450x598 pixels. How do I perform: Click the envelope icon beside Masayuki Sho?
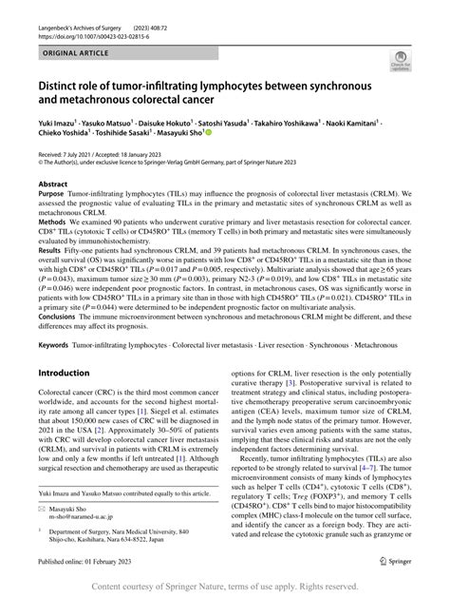tap(43, 509)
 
